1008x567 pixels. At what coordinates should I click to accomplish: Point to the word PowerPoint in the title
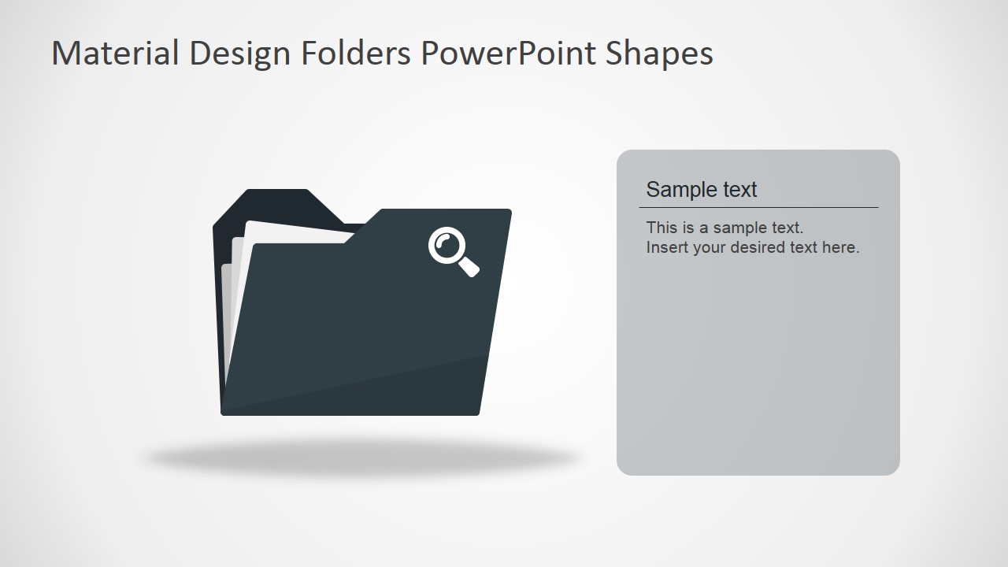509,54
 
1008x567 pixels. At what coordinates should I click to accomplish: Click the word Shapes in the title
660,54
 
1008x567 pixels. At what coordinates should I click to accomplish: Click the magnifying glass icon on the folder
453,251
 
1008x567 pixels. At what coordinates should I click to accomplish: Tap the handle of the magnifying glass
469,267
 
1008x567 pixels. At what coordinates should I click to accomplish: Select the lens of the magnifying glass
446,244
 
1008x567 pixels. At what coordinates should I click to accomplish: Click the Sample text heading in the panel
701,190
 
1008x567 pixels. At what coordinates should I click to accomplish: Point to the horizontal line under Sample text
758,208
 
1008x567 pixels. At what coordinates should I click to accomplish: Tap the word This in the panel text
661,228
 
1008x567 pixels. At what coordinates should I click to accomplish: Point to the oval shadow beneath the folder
362,458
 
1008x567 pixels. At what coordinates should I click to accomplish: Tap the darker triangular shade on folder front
409,390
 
